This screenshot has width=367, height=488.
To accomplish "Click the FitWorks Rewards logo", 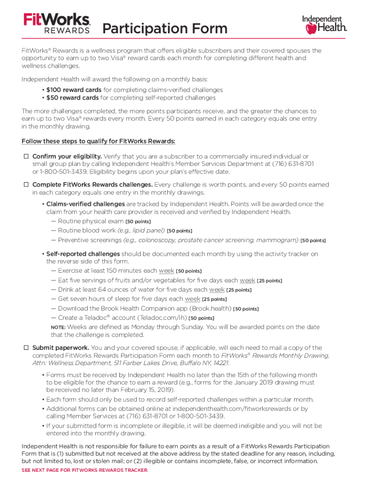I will [57, 23].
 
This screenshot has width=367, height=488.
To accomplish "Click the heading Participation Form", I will [165, 29].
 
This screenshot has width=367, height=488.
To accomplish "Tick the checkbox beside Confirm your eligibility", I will [26, 156].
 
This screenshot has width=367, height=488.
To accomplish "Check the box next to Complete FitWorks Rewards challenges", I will [26, 184].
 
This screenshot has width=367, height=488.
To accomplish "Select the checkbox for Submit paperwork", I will [26, 348].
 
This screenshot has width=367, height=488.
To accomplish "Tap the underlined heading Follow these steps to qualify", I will [98, 141].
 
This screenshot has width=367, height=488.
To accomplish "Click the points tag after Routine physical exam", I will [138, 222].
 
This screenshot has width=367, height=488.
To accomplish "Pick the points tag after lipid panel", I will [180, 231].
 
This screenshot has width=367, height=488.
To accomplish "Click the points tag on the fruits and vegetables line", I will [269, 281].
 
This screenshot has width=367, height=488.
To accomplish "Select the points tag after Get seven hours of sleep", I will [214, 299].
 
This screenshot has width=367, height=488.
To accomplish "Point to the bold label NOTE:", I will [58, 327].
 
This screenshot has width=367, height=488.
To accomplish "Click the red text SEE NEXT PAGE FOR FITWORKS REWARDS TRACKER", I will [85, 470].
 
